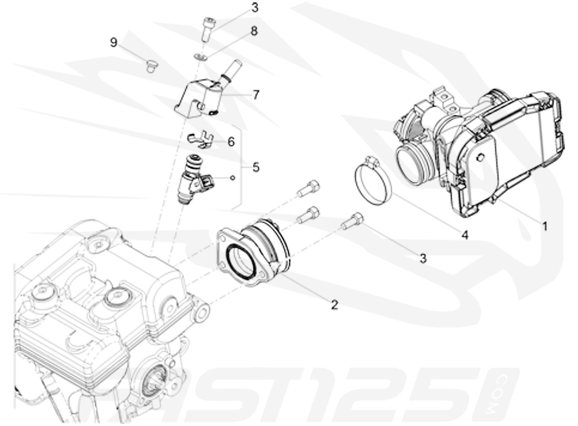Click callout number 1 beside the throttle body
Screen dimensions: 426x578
(545, 227)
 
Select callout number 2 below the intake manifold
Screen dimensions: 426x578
(334, 305)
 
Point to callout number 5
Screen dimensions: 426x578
(256, 168)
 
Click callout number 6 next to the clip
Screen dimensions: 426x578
(230, 142)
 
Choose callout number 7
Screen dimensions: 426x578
(256, 95)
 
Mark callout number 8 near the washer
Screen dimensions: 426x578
(254, 32)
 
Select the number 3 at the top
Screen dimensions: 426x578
(239, 7)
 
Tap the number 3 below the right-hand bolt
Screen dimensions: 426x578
(422, 258)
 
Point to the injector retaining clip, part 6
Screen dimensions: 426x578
(199, 139)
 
